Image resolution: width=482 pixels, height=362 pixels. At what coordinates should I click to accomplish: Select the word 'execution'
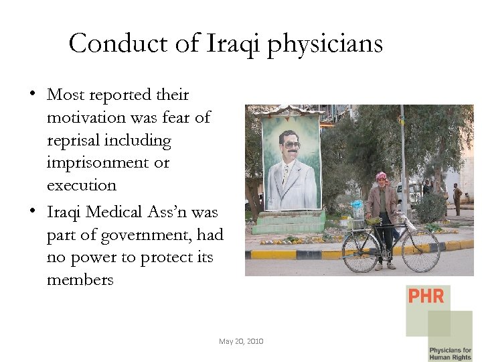tap(82, 185)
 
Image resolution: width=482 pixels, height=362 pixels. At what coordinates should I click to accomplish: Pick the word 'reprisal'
tap(73, 140)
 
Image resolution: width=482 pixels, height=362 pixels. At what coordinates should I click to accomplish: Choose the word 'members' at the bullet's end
tap(80, 280)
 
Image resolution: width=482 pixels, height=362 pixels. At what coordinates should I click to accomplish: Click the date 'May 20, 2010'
tap(241, 341)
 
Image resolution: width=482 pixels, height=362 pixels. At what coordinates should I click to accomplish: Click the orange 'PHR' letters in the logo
tap(426, 296)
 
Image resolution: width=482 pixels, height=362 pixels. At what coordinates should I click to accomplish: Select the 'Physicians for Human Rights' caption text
tap(450, 353)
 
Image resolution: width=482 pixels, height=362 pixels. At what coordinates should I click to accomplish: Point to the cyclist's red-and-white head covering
tap(381, 177)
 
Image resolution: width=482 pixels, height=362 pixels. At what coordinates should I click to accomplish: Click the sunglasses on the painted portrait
tap(291, 144)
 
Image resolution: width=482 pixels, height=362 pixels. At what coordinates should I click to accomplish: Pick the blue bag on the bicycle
tap(357, 207)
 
